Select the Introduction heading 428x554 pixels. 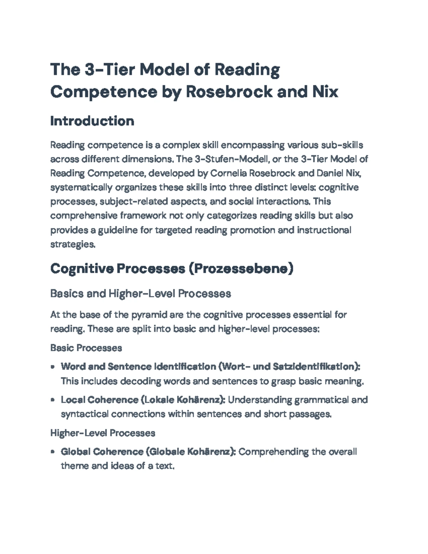click(92, 121)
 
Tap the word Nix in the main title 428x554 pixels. click(325, 92)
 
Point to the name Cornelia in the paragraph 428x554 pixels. click(228, 173)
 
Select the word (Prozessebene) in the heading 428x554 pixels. click(241, 268)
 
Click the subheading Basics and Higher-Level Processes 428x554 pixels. click(141, 294)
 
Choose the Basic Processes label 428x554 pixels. click(86, 348)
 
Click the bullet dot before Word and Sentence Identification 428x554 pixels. click(53, 366)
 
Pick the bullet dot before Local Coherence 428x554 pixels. click(53, 400)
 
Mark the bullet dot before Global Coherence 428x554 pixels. click(53, 452)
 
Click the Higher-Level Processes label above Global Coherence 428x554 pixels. click(103, 433)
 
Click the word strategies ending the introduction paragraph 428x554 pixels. click(73, 244)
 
